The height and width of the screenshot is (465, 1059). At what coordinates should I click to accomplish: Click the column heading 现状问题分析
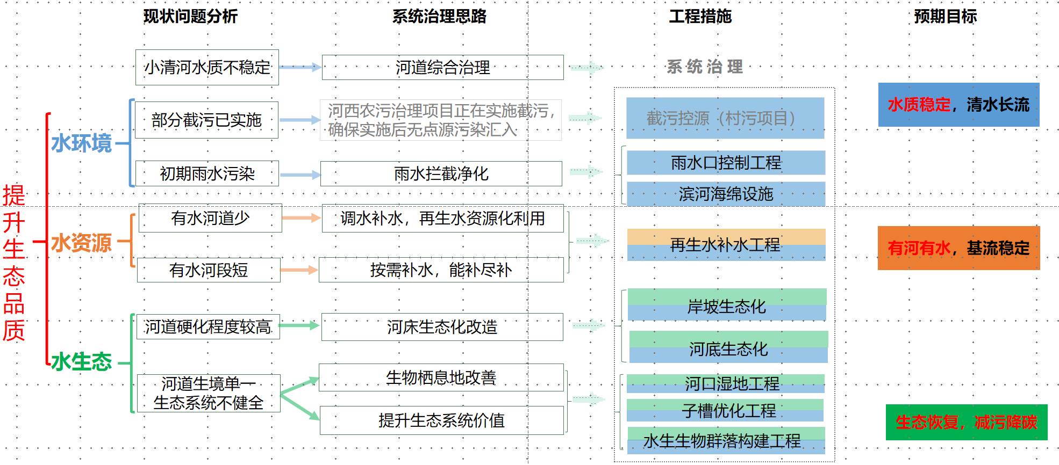pyautogui.click(x=190, y=17)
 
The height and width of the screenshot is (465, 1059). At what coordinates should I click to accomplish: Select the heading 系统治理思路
pyautogui.click(x=439, y=17)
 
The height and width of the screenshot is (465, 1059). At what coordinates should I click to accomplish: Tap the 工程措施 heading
pyautogui.click(x=700, y=17)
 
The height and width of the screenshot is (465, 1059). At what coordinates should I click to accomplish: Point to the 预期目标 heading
pyautogui.click(x=945, y=17)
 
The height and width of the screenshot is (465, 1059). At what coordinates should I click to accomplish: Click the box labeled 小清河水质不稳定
pyautogui.click(x=207, y=68)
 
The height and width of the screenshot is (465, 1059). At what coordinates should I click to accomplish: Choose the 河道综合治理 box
pyautogui.click(x=442, y=68)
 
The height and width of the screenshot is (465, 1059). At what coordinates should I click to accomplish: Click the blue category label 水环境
pyautogui.click(x=82, y=143)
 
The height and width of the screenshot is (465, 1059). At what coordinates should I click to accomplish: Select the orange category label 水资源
pyautogui.click(x=82, y=243)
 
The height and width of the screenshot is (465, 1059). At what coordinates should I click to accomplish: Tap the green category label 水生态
pyautogui.click(x=82, y=362)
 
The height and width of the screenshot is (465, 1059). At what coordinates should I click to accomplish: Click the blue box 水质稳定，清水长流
pyautogui.click(x=958, y=105)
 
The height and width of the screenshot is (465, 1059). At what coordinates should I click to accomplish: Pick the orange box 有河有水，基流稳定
pyautogui.click(x=958, y=248)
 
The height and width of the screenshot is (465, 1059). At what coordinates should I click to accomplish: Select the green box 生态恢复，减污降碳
pyautogui.click(x=966, y=422)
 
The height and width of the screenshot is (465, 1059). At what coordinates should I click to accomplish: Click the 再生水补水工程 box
pyautogui.click(x=726, y=245)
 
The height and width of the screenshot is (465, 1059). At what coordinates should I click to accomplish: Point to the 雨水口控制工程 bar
pyautogui.click(x=726, y=163)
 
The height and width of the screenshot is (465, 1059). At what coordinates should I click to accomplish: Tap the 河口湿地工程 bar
pyautogui.click(x=726, y=383)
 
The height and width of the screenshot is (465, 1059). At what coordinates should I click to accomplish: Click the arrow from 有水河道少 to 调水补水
pyautogui.click(x=301, y=217)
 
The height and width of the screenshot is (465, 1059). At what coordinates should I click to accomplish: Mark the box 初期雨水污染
pyautogui.click(x=207, y=173)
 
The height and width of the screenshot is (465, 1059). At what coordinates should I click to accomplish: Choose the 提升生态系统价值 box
pyautogui.click(x=441, y=420)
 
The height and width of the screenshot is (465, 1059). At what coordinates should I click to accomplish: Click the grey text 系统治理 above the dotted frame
pyautogui.click(x=705, y=67)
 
